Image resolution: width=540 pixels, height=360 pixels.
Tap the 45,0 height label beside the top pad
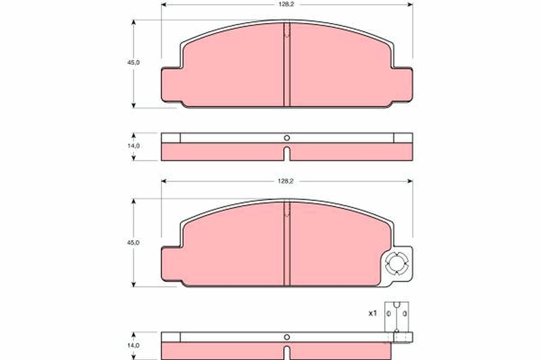coord(133,63)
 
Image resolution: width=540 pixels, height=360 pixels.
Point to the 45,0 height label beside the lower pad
coord(133,242)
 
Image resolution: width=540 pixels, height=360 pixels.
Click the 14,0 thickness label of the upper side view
coord(133,146)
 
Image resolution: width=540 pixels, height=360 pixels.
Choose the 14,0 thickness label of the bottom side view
coord(133,345)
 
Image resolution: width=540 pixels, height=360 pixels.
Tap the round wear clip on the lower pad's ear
coord(396,264)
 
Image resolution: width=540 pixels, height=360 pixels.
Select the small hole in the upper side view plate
coord(287,138)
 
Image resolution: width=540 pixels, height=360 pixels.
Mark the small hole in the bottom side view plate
coord(287,337)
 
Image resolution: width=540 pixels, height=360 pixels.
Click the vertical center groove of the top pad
coord(287,67)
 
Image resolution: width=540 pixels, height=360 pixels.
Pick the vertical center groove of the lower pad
coord(287,245)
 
